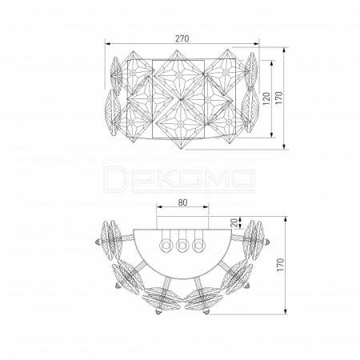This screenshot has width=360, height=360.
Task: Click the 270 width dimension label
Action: click(182, 38)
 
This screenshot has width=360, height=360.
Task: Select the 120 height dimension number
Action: click(266, 98)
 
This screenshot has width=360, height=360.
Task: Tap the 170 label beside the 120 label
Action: click(278, 98)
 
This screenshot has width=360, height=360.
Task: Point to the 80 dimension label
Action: click(182, 202)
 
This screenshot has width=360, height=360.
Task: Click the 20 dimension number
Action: click(234, 222)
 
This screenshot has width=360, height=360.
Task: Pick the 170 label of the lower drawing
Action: click(280, 265)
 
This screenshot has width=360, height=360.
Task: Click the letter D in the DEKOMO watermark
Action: click(115, 178)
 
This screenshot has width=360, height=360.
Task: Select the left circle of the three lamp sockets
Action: click(166, 244)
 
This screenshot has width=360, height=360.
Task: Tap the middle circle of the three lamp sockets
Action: click(182, 244)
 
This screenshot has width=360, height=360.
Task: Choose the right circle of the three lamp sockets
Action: click(198, 244)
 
